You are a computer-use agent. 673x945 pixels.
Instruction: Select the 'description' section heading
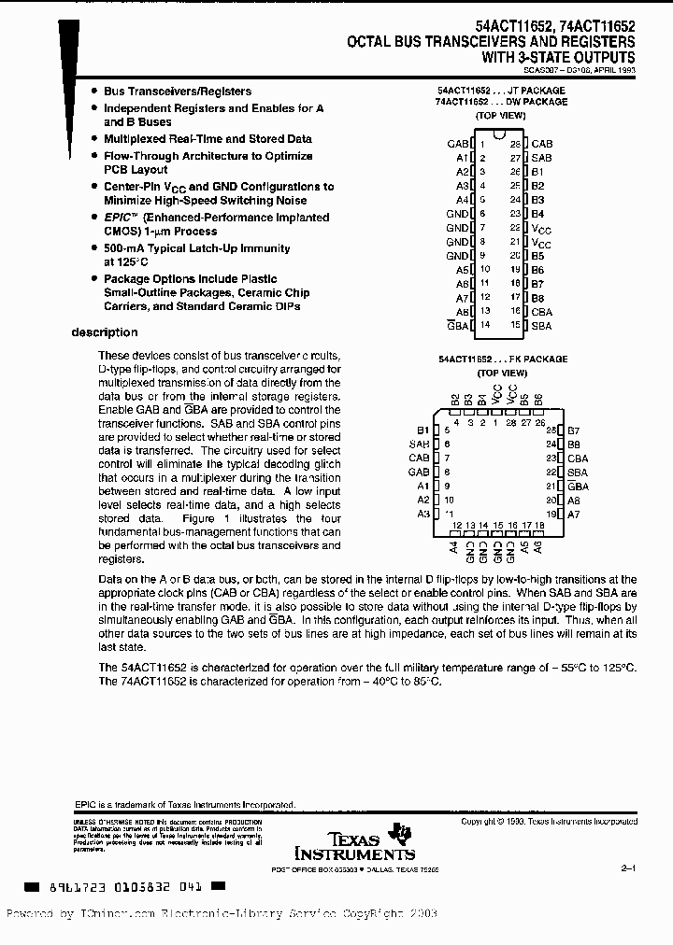pyautogui.click(x=105, y=332)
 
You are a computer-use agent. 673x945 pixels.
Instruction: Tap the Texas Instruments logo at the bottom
pyautogui.click(x=356, y=842)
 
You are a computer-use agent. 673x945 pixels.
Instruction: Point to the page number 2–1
pyautogui.click(x=627, y=868)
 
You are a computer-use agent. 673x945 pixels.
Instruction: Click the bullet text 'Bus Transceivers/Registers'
pyautogui.click(x=178, y=92)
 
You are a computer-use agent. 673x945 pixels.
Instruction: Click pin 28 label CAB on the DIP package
pyautogui.click(x=542, y=144)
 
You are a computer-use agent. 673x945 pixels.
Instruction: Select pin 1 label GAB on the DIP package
pyautogui.click(x=457, y=144)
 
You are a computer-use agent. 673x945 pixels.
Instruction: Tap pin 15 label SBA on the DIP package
pyautogui.click(x=541, y=326)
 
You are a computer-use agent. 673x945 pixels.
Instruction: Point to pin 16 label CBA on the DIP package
pyautogui.click(x=541, y=312)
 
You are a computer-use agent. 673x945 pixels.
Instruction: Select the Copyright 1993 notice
pyautogui.click(x=549, y=822)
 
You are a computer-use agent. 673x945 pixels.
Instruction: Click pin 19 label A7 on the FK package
pyautogui.click(x=574, y=514)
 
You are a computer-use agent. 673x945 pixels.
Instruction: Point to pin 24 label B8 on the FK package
pyautogui.click(x=574, y=444)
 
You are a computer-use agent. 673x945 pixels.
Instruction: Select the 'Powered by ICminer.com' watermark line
pyautogui.click(x=222, y=914)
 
